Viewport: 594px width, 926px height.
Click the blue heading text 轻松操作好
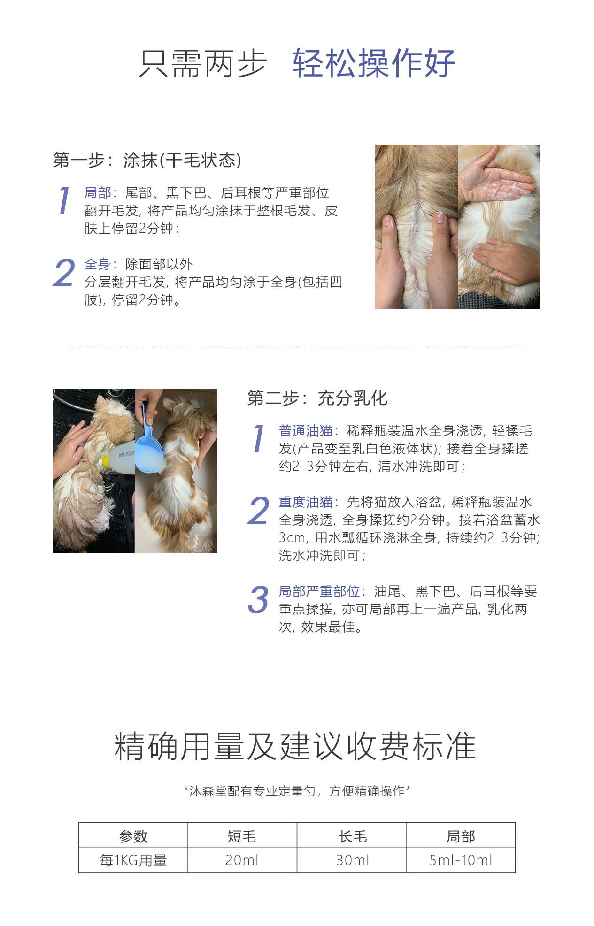[x=374, y=63]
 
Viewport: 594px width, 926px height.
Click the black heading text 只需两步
[x=203, y=63]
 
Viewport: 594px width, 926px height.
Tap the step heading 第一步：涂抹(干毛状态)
[x=147, y=161]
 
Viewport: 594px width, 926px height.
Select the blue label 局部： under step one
[x=100, y=193]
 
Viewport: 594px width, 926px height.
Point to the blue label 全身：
[x=100, y=264]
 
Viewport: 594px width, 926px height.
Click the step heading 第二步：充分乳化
[x=317, y=398]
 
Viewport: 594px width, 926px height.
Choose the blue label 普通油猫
[x=309, y=431]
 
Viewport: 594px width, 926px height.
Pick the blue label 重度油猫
[x=309, y=502]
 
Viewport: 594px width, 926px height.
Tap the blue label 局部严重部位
[x=323, y=591]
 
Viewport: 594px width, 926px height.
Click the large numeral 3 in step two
[x=258, y=600]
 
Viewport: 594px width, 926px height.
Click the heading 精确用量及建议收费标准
[x=295, y=746]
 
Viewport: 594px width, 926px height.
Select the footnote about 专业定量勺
[x=297, y=791]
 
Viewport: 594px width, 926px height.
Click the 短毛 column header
[x=242, y=836]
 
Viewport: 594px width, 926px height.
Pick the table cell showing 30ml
[x=353, y=860]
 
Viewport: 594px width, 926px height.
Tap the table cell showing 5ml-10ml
[x=461, y=860]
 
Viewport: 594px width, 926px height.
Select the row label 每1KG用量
[x=133, y=860]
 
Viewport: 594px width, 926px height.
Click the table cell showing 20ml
[x=242, y=860]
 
